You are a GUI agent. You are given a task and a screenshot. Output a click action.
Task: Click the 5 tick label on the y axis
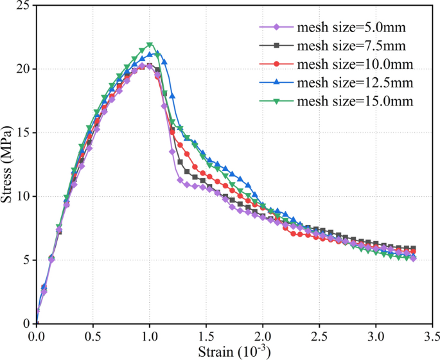[x=26, y=260]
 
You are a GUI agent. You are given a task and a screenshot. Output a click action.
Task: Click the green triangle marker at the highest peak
[x=150, y=45]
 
